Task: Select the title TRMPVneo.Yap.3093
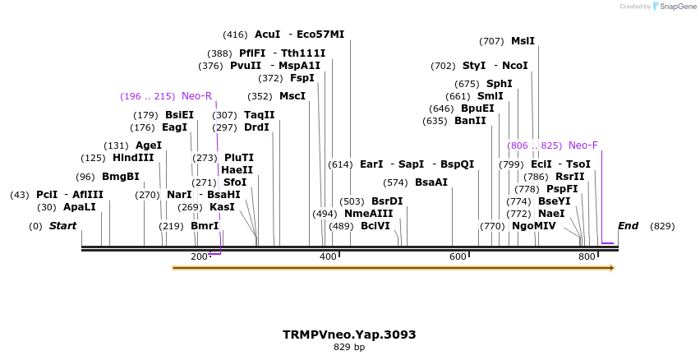[x=349, y=335]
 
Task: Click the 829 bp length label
[x=349, y=348]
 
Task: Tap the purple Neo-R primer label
[x=196, y=96]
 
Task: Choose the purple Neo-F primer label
[x=583, y=145]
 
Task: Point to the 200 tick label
[x=199, y=257]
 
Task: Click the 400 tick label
[x=328, y=257]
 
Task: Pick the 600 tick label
[x=458, y=257]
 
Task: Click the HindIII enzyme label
[x=133, y=158]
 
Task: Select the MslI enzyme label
[x=523, y=41]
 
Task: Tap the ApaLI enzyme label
[x=80, y=207]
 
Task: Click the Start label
[x=62, y=226]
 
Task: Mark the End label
[x=628, y=226]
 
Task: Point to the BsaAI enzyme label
[x=431, y=182]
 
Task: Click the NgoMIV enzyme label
[x=533, y=226]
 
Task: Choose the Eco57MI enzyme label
[x=320, y=35]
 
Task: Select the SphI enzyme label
[x=499, y=84]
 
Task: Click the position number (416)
[x=235, y=35]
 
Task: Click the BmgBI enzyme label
[x=121, y=177]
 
